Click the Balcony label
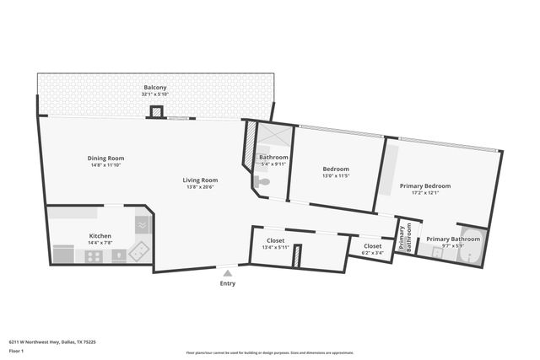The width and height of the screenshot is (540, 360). pyautogui.click(x=154, y=88)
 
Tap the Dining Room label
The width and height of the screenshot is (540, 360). pyautogui.click(x=106, y=158)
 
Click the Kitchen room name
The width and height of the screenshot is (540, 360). pyautogui.click(x=100, y=235)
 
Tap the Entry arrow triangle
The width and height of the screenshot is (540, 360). pyautogui.click(x=227, y=272)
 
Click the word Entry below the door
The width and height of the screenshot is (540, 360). pyautogui.click(x=227, y=283)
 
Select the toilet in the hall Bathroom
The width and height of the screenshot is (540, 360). pyautogui.click(x=263, y=181)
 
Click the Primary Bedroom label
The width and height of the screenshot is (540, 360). pyautogui.click(x=424, y=185)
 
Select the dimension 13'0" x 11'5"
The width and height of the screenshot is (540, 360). pyautogui.click(x=335, y=175)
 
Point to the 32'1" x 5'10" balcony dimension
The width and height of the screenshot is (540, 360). pyautogui.click(x=154, y=94)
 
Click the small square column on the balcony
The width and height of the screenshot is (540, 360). pyautogui.click(x=155, y=111)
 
